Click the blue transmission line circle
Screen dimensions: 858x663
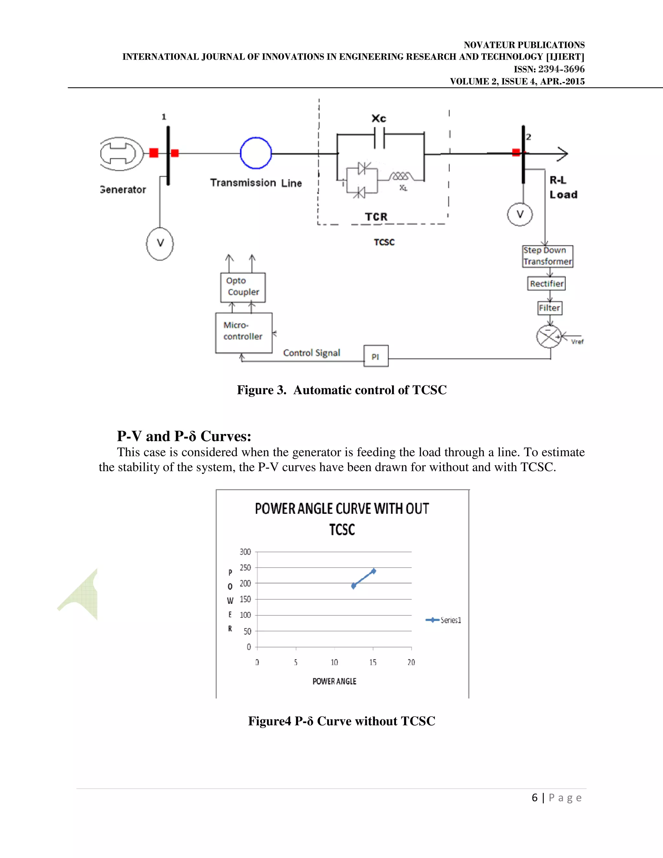pyautogui.click(x=256, y=153)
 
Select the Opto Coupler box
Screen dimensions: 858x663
pyautogui.click(x=243, y=287)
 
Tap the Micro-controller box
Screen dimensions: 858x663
pyautogui.click(x=243, y=333)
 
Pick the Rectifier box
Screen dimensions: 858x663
pyautogui.click(x=546, y=283)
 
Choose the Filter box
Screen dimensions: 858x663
pyautogui.click(x=549, y=308)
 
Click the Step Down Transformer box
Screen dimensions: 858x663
pyautogui.click(x=547, y=256)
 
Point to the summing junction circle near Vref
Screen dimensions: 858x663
pyautogui.click(x=549, y=336)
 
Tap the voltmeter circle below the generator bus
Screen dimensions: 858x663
pyautogui.click(x=160, y=243)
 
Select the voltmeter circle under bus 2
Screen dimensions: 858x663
pyautogui.click(x=520, y=214)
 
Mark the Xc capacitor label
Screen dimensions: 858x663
pyautogui.click(x=379, y=119)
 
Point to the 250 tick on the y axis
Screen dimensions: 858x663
pyautogui.click(x=245, y=567)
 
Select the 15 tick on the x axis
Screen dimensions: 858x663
pyautogui.click(x=373, y=662)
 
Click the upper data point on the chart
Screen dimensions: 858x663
pyautogui.click(x=374, y=571)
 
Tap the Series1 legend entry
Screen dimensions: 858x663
pyautogui.click(x=444, y=620)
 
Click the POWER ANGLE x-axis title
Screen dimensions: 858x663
pyautogui.click(x=334, y=681)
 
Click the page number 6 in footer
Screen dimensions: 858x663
pyautogui.click(x=534, y=797)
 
